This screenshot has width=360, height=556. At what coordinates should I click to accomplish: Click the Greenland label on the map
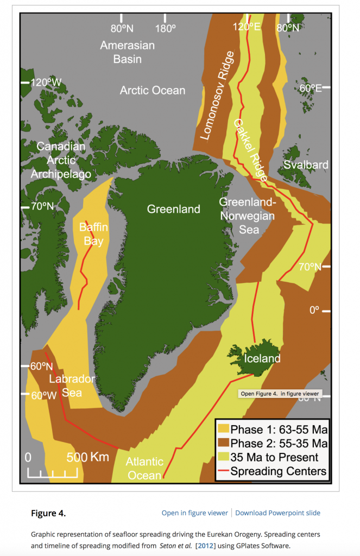[173, 209]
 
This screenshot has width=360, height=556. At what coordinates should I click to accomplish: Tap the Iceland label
[262, 358]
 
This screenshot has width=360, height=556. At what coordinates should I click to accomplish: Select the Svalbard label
[306, 165]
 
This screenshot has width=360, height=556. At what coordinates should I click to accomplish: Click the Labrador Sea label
[72, 385]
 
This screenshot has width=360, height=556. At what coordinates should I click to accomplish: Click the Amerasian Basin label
[128, 52]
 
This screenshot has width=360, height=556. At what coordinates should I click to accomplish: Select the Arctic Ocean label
[153, 91]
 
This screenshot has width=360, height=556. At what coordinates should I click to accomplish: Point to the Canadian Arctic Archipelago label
[61, 160]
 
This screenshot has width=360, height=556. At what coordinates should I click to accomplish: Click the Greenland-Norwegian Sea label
[247, 216]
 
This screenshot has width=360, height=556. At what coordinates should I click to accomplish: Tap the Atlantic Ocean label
[144, 469]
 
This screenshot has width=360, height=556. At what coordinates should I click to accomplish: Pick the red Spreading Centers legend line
[223, 471]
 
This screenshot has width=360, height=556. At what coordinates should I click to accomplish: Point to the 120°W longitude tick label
[46, 83]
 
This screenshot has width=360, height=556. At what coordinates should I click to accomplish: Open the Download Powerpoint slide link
[277, 513]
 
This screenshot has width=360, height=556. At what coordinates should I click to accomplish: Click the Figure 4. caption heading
[48, 513]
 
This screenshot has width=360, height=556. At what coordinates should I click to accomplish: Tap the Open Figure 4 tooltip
[280, 394]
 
